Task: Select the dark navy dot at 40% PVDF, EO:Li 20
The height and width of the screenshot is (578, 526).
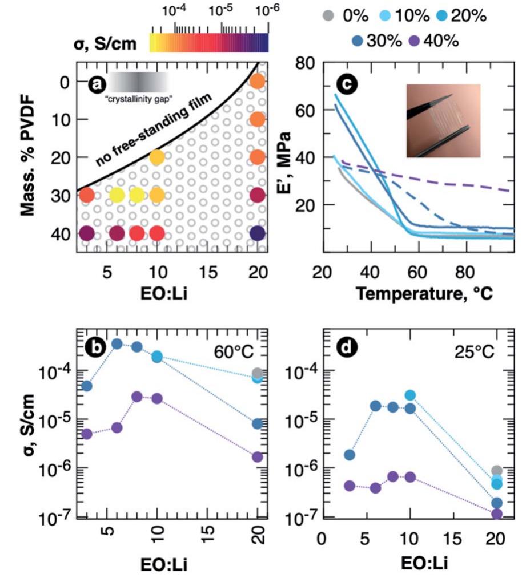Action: coord(257,234)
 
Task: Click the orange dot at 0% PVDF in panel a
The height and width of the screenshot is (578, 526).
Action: coord(257,81)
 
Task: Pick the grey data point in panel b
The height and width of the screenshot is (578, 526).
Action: coord(257,373)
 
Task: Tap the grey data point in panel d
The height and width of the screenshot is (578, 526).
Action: coord(497,471)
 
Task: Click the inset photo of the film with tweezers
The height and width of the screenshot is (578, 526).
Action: coord(443,120)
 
